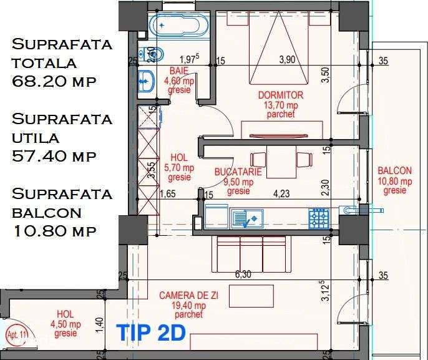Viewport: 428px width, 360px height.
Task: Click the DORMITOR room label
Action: [x=281, y=95]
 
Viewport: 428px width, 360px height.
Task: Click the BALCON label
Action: [x=394, y=171]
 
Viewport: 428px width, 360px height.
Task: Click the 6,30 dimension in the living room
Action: [x=244, y=273]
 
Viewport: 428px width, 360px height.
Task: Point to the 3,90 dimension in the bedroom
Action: [x=286, y=59]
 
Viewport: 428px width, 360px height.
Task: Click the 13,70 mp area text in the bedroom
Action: [x=281, y=105]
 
